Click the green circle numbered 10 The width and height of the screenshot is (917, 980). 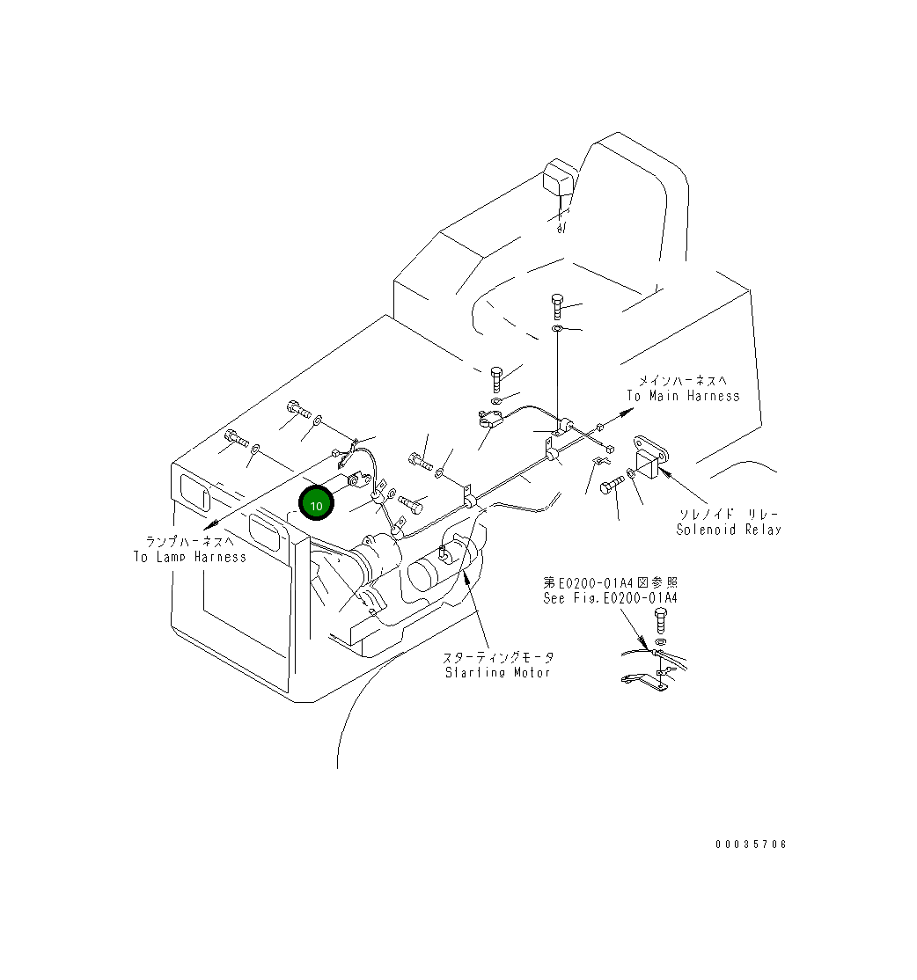pyautogui.click(x=317, y=505)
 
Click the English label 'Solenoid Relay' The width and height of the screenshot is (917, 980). pyautogui.click(x=728, y=530)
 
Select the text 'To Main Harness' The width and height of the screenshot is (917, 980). pyautogui.click(x=683, y=396)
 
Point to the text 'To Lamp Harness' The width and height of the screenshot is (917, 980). pyautogui.click(x=190, y=557)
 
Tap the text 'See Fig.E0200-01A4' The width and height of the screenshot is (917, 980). pyautogui.click(x=610, y=598)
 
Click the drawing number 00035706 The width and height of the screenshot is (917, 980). pyautogui.click(x=751, y=845)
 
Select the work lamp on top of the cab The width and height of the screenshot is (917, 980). pyautogui.click(x=559, y=180)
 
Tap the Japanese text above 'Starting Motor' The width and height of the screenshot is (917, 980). pyautogui.click(x=498, y=657)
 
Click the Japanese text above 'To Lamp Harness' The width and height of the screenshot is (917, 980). pyautogui.click(x=190, y=542)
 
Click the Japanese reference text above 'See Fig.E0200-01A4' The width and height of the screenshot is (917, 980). pyautogui.click(x=610, y=582)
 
